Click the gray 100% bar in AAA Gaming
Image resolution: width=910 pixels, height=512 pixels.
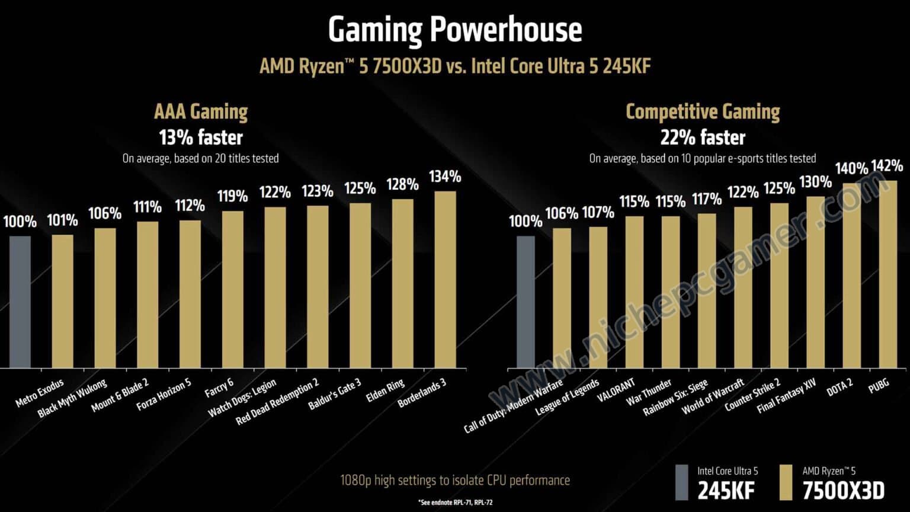point(20,302)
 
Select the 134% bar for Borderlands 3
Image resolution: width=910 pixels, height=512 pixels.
point(445,279)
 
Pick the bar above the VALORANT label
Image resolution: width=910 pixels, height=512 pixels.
point(635,292)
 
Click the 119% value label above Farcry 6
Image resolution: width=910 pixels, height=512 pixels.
point(232,196)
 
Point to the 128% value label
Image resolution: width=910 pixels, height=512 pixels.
point(402,184)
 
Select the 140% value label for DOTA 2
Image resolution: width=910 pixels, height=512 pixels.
point(851,169)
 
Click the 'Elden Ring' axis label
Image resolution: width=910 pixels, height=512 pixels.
point(385,391)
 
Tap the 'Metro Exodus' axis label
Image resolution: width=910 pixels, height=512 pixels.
point(40,393)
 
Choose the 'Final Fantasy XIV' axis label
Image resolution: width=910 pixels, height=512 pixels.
point(786,396)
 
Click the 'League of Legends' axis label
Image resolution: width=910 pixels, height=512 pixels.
point(567,398)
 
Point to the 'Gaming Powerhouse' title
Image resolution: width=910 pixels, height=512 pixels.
point(455,30)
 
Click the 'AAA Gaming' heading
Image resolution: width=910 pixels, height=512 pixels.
point(201,111)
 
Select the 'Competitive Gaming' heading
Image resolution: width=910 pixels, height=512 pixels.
point(703,111)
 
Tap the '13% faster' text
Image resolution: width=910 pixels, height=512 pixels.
point(201,137)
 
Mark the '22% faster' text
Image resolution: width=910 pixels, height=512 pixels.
point(703,137)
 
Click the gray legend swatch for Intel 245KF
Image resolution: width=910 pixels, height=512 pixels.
point(682,482)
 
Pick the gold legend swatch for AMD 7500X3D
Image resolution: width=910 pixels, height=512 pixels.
point(786,482)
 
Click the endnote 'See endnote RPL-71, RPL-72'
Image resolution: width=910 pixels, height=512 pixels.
point(455,503)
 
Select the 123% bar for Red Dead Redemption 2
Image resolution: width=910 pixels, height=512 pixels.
point(318,287)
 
